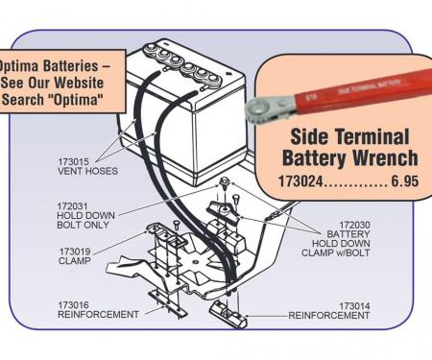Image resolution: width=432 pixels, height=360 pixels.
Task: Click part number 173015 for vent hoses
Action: [73, 161]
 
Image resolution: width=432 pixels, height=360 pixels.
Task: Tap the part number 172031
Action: [72, 206]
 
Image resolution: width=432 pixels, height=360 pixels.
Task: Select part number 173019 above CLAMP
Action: [75, 252]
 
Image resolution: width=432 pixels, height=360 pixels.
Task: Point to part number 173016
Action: [73, 305]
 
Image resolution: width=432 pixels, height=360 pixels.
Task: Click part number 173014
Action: [354, 306]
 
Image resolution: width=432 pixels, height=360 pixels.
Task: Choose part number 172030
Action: [354, 225]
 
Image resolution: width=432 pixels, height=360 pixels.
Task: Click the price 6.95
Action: [405, 181]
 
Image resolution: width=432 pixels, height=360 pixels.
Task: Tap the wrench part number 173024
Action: [300, 181]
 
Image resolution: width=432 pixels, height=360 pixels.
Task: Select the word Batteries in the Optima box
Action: [71, 66]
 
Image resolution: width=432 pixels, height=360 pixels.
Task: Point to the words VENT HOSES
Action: [87, 171]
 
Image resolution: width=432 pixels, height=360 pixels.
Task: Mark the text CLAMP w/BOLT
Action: [335, 252]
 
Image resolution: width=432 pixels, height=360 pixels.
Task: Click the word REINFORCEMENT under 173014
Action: [329, 316]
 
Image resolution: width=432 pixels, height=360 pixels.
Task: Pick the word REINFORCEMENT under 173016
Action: [99, 315]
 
